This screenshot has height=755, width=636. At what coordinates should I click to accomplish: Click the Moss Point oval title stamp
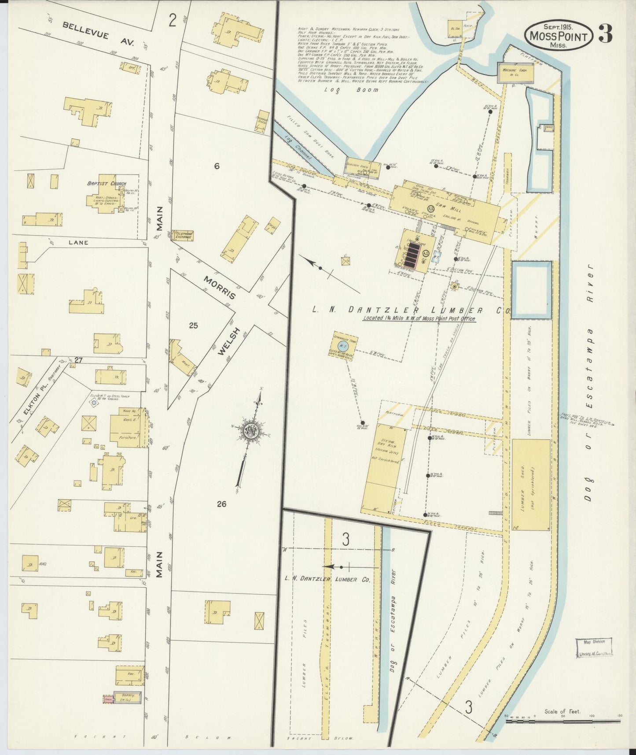(x=559, y=35)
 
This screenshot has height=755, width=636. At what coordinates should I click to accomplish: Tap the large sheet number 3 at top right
(x=605, y=34)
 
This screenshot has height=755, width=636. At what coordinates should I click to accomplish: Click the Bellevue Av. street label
(x=85, y=31)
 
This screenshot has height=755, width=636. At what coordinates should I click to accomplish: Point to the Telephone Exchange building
(x=182, y=236)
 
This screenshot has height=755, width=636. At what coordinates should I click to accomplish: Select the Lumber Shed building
(x=531, y=485)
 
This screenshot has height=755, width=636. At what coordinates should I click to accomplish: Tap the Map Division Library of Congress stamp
(x=594, y=648)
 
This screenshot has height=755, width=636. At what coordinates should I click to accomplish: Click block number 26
(x=221, y=503)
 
